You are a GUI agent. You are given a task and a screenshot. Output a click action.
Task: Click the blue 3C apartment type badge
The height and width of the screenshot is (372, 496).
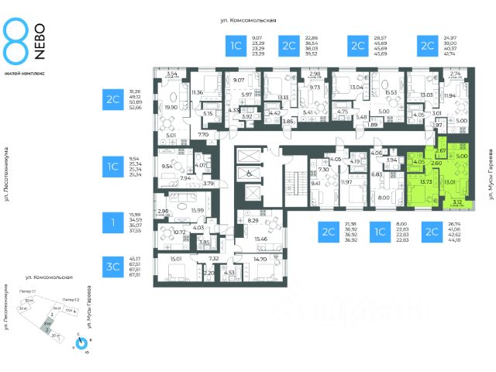(113, 266)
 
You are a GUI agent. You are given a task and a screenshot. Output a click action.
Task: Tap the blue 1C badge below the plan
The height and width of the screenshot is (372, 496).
(380, 232)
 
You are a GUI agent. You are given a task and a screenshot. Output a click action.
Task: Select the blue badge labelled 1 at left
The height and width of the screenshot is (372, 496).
(113, 222)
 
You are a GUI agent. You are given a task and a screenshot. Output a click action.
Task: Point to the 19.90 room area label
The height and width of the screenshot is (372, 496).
(171, 108)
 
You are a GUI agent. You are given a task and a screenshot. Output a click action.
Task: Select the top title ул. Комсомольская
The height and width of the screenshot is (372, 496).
(254, 20)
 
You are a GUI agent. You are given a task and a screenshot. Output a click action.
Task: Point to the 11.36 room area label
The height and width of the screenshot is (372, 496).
(197, 93)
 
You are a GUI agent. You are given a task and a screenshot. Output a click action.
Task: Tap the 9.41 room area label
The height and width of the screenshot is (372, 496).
(315, 184)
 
